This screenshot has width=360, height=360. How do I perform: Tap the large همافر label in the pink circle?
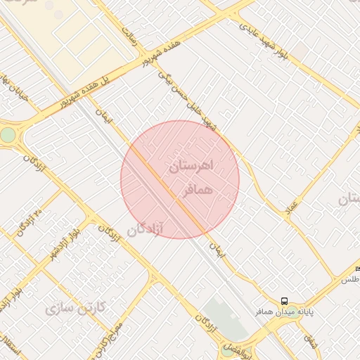click(198, 191)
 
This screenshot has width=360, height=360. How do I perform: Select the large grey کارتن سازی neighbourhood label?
click(75, 308)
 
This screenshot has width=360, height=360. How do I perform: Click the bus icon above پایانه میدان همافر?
click(284, 300)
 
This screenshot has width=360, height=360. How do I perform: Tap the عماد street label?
click(292, 207)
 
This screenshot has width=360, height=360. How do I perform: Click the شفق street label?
click(310, 340)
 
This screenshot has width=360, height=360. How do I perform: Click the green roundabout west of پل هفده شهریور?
click(8, 134)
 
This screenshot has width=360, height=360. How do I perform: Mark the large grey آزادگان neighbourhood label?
click(145, 229)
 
